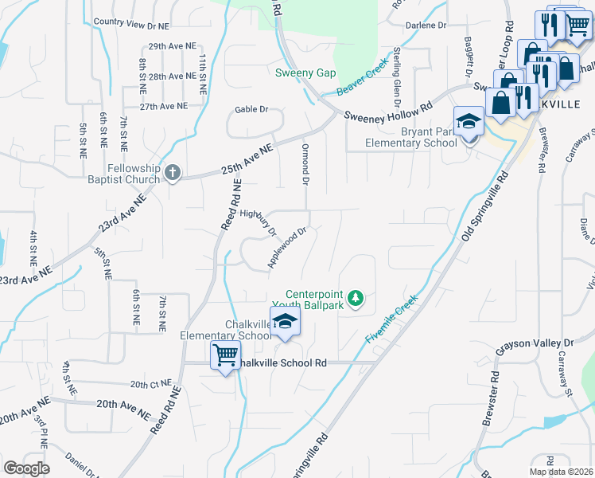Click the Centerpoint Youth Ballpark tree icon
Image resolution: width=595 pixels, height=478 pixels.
pyautogui.click(x=357, y=299)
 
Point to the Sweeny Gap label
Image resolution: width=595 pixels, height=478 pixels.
pyautogui.click(x=299, y=73)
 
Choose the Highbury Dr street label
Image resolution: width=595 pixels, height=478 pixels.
pyautogui.click(x=257, y=221)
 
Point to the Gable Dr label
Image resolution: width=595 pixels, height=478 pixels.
pyautogui.click(x=251, y=109)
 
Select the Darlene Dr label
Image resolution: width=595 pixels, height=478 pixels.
pyautogui.click(x=426, y=25)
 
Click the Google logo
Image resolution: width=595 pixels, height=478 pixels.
pyautogui.click(x=26, y=468)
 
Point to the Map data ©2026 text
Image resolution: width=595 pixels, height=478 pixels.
pyautogui.click(x=561, y=472)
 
